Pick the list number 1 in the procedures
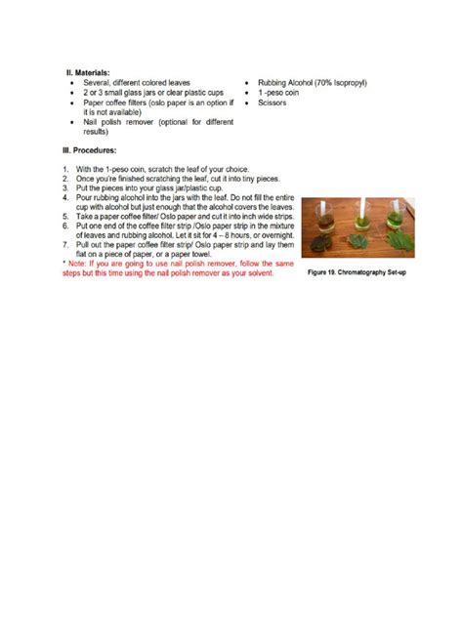pyautogui.click(x=63, y=171)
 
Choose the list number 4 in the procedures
pyautogui.click(x=63, y=198)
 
